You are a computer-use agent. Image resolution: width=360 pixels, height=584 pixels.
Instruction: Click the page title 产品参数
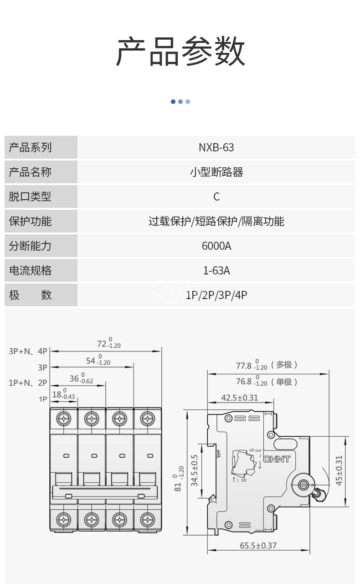click(180, 52)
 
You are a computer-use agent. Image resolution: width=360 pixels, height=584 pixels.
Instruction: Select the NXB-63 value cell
click(216, 148)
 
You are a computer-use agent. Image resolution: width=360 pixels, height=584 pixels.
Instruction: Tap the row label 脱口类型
click(30, 197)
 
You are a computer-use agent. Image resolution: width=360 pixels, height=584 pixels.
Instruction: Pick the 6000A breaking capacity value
click(216, 246)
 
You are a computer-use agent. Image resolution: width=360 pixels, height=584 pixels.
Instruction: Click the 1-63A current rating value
click(216, 271)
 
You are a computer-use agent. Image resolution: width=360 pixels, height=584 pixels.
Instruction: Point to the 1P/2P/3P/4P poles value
click(216, 295)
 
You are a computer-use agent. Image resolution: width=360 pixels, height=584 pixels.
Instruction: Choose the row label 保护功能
click(30, 222)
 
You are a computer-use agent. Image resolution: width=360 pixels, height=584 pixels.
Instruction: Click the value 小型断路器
click(216, 172)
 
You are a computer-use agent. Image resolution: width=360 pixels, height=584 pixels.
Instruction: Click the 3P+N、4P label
click(28, 351)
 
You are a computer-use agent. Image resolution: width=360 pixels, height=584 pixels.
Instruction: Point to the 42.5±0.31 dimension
click(240, 398)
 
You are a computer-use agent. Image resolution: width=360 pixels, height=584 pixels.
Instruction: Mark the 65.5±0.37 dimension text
click(258, 545)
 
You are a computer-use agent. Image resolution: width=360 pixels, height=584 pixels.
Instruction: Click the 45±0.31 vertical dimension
click(339, 470)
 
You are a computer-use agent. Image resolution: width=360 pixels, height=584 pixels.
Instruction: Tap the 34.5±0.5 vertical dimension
click(195, 470)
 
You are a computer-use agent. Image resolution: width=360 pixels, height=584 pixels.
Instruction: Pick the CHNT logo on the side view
click(277, 459)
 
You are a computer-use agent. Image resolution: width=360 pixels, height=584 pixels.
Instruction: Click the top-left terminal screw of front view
click(64, 418)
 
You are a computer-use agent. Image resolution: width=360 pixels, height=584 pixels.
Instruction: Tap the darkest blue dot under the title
click(173, 102)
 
